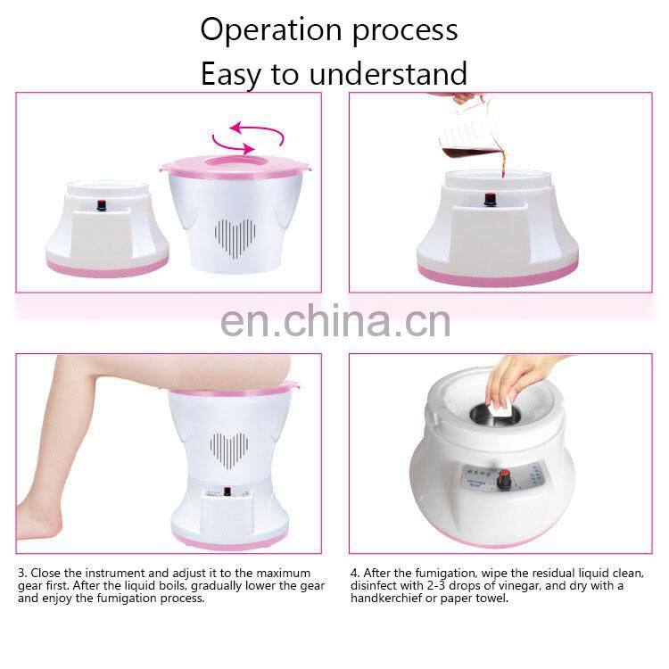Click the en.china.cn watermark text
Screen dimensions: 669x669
(x=334, y=321)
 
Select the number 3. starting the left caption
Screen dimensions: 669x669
(x=22, y=572)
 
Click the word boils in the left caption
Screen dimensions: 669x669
(x=193, y=585)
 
